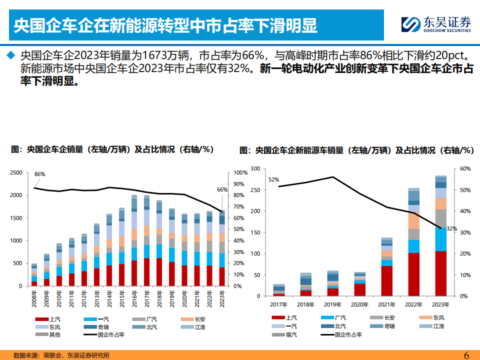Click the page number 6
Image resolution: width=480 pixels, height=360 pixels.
click(466, 355)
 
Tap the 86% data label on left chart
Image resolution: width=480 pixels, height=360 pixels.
click(40, 174)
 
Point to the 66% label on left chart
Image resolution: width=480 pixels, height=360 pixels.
click(221, 189)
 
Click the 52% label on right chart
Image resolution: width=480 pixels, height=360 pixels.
click(273, 179)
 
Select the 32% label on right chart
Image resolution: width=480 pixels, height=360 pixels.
click(451, 228)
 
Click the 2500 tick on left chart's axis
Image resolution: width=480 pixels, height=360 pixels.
click(15, 172)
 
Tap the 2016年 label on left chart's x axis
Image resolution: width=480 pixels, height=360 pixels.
click(134, 299)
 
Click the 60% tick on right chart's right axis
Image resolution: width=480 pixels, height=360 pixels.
click(464, 169)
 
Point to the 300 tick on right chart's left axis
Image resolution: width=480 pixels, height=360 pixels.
click(255, 169)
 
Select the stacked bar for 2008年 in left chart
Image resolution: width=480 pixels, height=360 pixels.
click(34, 275)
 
